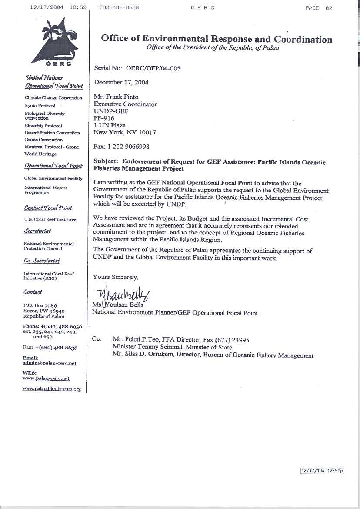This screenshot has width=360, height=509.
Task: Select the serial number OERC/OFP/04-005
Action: click(153, 68)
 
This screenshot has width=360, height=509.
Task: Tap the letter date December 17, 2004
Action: click(120, 83)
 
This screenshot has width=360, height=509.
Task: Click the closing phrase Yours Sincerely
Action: click(116, 277)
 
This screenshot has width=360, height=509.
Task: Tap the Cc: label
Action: click(97, 339)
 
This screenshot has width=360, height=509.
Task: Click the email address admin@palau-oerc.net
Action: click(49, 363)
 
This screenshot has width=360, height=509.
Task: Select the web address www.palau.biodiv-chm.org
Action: click(51, 388)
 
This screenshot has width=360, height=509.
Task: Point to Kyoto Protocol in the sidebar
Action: click(40, 106)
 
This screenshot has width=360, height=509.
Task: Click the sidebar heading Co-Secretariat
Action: click(42, 261)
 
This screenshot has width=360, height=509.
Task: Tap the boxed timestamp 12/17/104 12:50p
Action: click(322, 471)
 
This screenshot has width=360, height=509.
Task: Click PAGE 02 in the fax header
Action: click(319, 8)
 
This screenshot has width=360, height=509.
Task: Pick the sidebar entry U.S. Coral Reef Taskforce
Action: click(50, 220)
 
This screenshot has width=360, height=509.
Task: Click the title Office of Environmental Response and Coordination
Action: click(217, 39)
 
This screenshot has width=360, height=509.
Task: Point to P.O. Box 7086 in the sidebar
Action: click(40, 305)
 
